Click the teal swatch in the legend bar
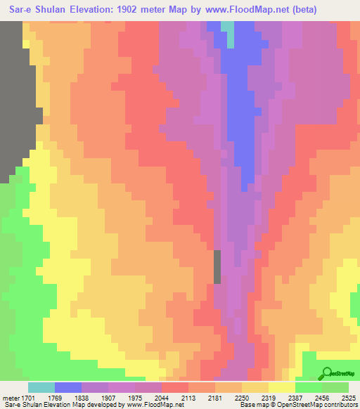(x=41, y=387)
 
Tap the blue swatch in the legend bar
(x=68, y=387)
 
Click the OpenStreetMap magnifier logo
(x=326, y=372)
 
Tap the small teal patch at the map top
(x=228, y=33)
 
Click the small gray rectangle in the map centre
(x=217, y=266)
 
